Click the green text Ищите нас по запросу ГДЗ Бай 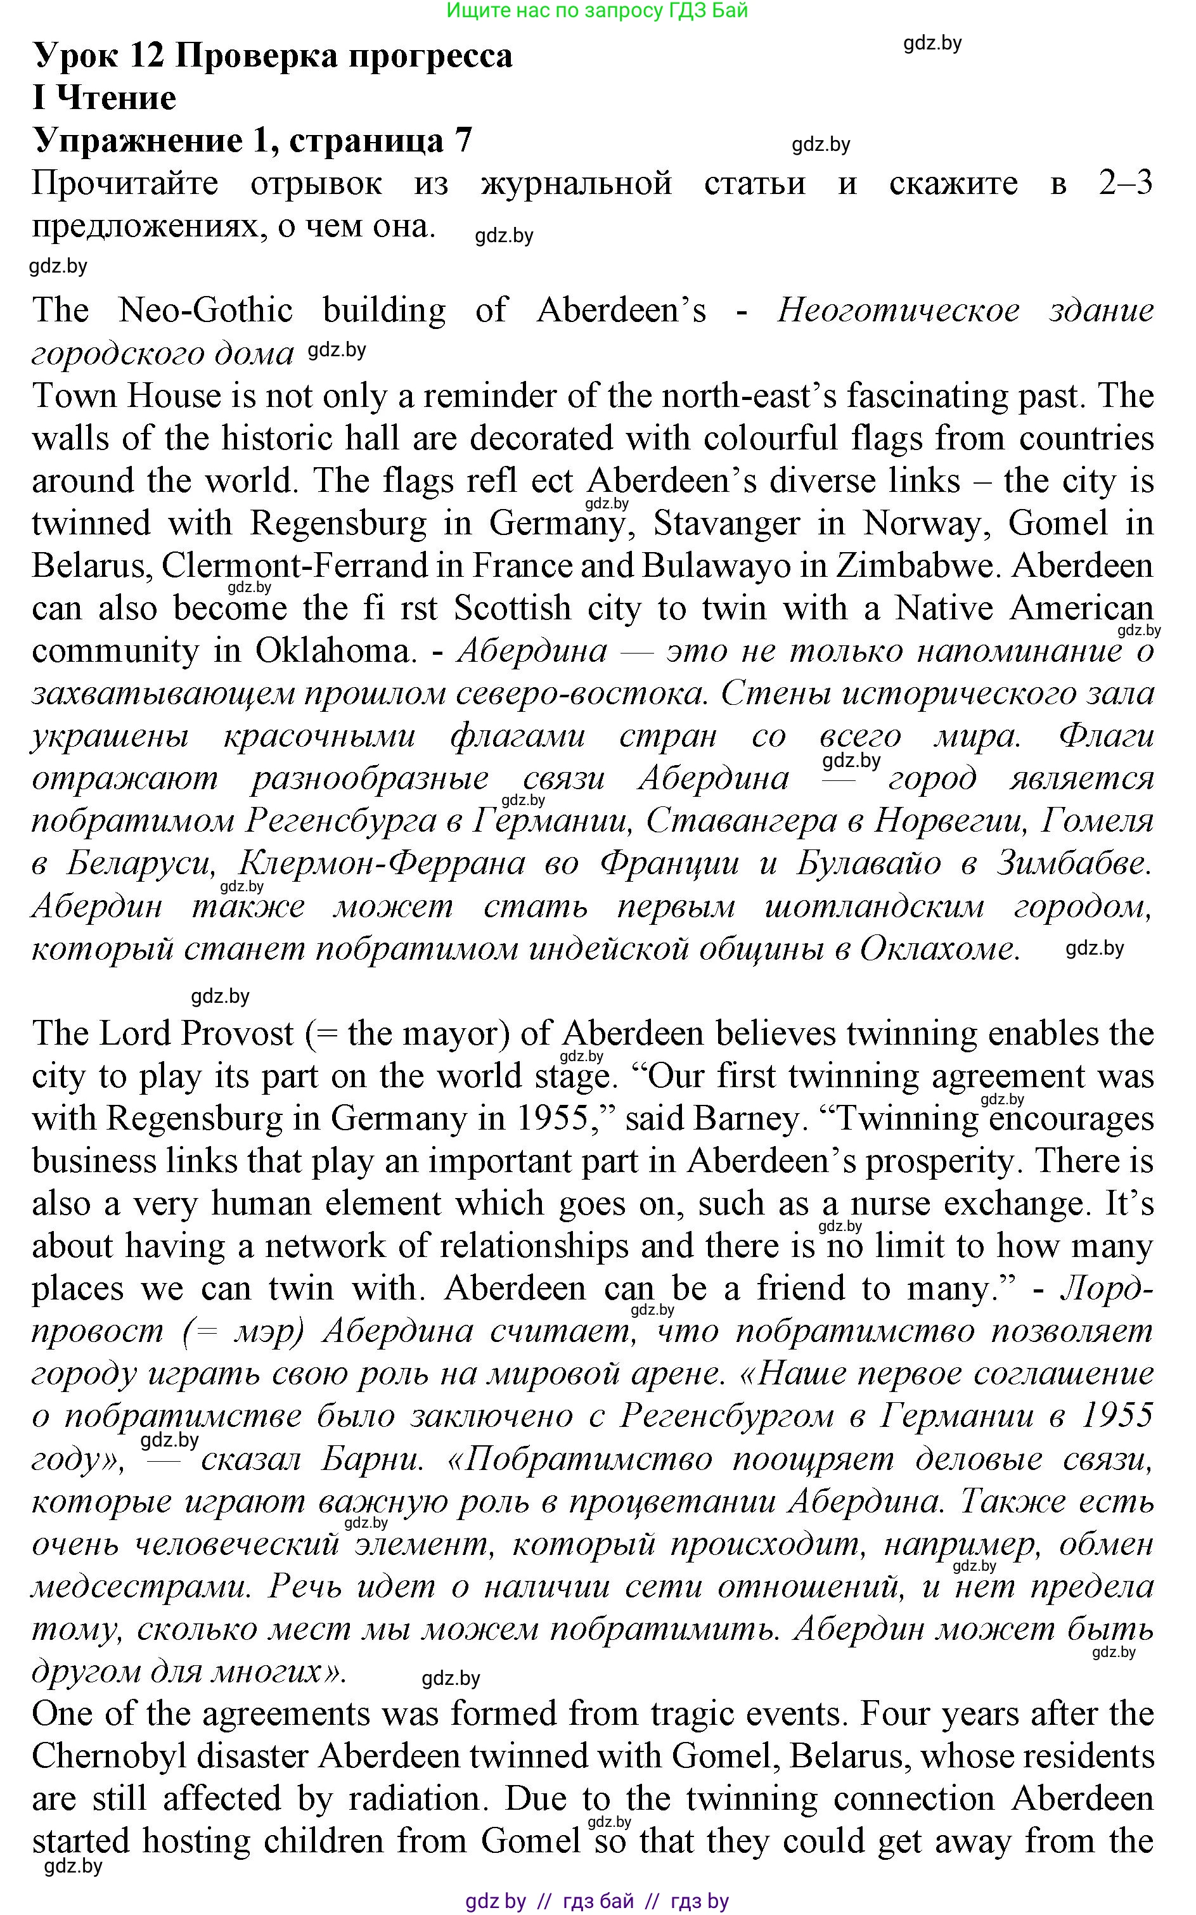point(597,10)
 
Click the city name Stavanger point(726,523)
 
